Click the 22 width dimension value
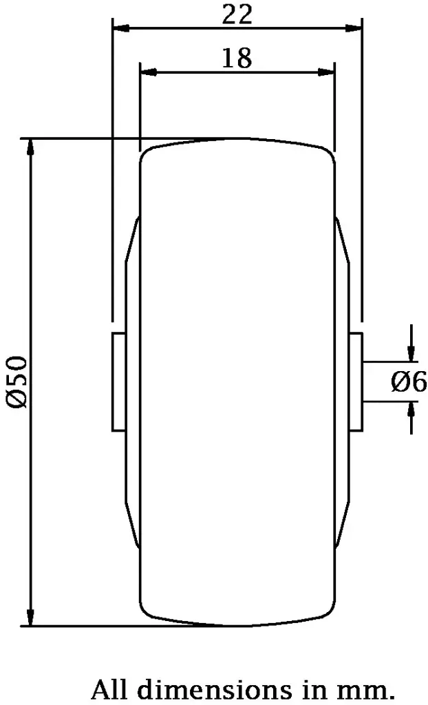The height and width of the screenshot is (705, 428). pyautogui.click(x=237, y=14)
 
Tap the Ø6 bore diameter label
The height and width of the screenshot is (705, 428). pyautogui.click(x=409, y=381)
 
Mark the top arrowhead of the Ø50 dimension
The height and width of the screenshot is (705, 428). pyautogui.click(x=30, y=147)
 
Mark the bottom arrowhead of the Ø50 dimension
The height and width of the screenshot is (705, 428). pyautogui.click(x=30, y=618)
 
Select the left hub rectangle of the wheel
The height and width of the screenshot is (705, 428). pyautogui.click(x=118, y=381)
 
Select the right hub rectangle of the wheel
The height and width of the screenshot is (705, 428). pyautogui.click(x=356, y=381)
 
